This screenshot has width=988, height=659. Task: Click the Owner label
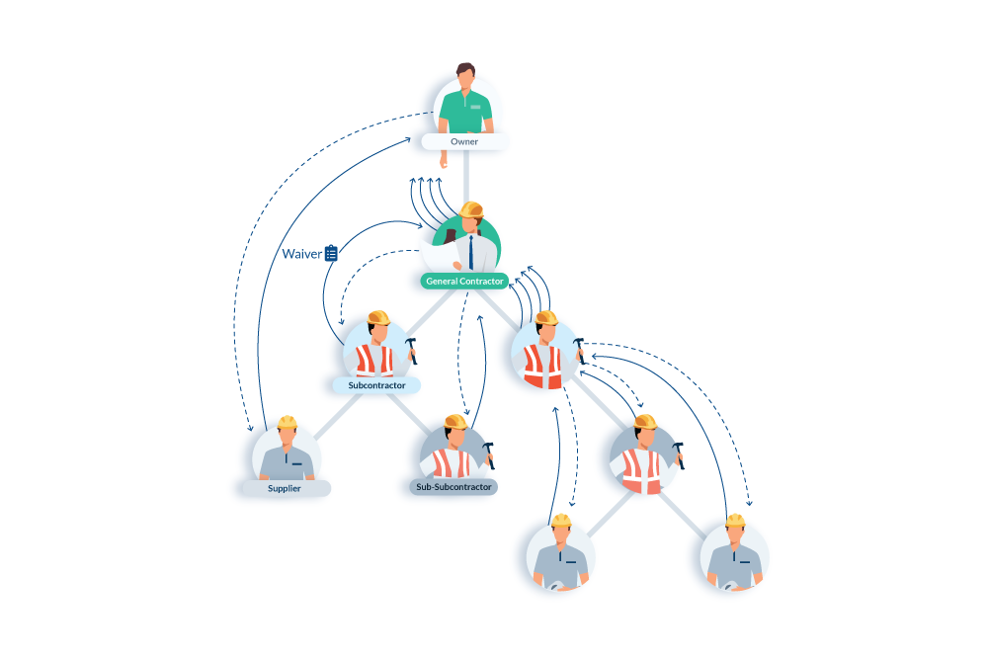[464, 142]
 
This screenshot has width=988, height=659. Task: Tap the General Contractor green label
[464, 282]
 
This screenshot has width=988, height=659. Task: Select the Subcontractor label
[375, 384]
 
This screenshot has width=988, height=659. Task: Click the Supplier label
[285, 488]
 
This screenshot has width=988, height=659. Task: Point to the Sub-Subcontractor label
[453, 487]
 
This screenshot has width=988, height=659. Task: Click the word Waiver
[301, 254]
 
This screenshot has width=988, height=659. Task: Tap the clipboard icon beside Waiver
[331, 253]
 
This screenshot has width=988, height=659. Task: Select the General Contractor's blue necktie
[471, 252]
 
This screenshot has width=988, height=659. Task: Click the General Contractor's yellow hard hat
[471, 208]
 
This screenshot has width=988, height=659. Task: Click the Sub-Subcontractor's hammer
[489, 453]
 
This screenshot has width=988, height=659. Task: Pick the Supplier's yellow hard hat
[287, 422]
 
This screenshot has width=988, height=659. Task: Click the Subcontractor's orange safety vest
[374, 360]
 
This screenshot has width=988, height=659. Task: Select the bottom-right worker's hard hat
[735, 520]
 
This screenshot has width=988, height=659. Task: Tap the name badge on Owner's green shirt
[475, 106]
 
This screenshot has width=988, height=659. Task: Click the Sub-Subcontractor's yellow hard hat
[455, 421]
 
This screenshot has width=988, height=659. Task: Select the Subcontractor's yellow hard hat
[377, 317]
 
